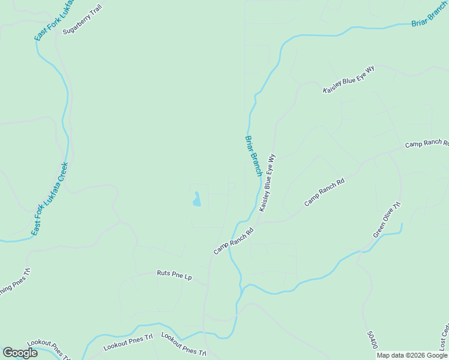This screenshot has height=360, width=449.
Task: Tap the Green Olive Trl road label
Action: tap(387, 220)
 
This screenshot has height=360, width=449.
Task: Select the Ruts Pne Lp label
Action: tap(174, 276)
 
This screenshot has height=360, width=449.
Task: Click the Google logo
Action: tap(20, 353)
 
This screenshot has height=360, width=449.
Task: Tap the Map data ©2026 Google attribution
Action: tap(412, 356)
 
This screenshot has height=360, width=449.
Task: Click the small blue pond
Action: tap(196, 199)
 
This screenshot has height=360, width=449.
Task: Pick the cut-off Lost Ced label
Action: tap(444, 338)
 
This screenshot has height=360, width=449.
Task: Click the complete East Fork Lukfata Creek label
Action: tap(50, 198)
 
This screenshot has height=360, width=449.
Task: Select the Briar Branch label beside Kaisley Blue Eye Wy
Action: tap(253, 155)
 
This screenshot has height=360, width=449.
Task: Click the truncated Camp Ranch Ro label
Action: tap(427, 144)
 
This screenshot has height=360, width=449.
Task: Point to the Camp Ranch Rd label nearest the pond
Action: tap(234, 241)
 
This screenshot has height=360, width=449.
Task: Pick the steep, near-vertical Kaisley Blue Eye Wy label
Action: tap(267, 182)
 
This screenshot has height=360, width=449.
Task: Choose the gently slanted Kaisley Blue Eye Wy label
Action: tap(348, 79)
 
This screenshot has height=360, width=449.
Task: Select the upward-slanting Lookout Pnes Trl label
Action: tap(128, 343)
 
